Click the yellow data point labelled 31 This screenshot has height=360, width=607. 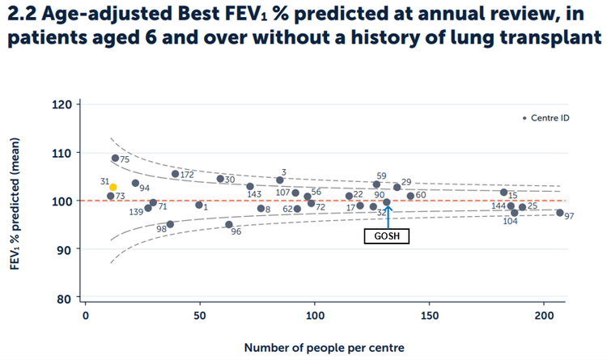click(113, 187)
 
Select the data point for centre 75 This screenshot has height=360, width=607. click(115, 158)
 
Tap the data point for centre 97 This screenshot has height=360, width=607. click(559, 213)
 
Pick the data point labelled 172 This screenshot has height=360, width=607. click(175, 173)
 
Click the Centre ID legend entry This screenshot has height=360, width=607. click(546, 118)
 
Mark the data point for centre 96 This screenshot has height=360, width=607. click(229, 224)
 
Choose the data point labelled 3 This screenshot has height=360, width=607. click(280, 180)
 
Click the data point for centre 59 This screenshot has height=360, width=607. click(376, 184)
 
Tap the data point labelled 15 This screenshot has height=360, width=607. click(503, 193)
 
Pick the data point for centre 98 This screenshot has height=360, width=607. click(170, 224)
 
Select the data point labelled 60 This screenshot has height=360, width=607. click(410, 196)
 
